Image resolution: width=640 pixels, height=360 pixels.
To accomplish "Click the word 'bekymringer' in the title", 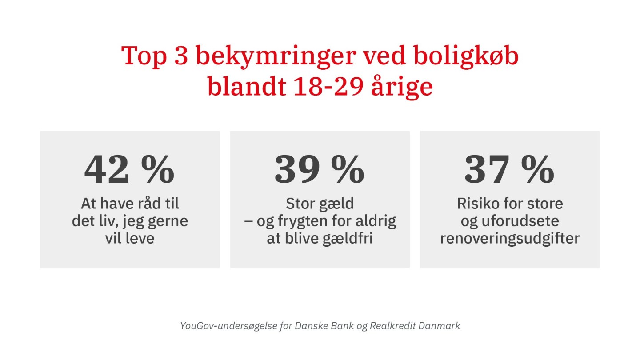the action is [276, 57].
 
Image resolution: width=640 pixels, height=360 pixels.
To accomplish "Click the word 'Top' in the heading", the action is [144, 57].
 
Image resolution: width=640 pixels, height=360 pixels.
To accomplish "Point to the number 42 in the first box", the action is [107, 169].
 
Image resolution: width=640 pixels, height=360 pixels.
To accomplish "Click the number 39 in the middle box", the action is [297, 169].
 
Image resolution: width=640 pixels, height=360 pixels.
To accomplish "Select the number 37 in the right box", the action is [487, 169].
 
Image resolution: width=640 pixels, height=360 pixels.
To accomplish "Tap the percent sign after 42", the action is [158, 169].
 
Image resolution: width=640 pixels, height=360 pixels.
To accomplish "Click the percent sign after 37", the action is [538, 169].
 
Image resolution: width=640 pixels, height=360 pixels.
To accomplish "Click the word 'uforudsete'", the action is [520, 221].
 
